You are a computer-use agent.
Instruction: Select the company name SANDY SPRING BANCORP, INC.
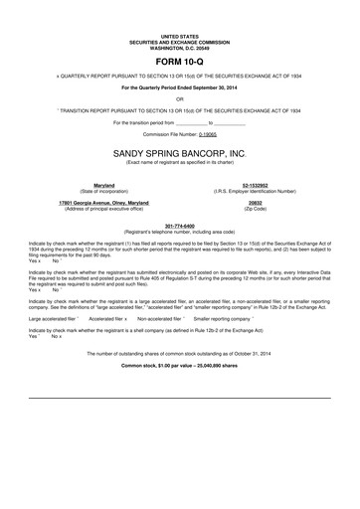point(179,154)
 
